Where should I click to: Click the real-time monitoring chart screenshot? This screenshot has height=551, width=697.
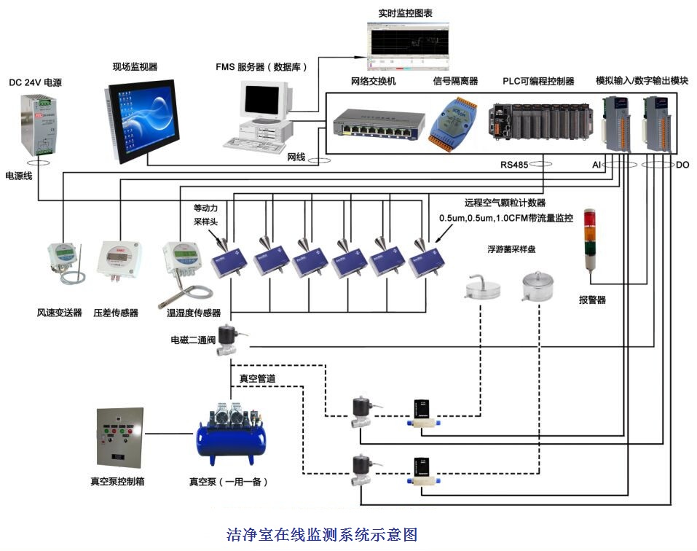coord(408,43)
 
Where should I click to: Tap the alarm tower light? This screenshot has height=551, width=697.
coord(590,243)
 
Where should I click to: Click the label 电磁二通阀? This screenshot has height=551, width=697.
coord(194,340)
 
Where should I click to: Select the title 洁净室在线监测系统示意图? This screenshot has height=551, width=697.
coord(322,535)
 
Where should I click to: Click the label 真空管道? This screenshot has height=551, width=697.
coord(258,378)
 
